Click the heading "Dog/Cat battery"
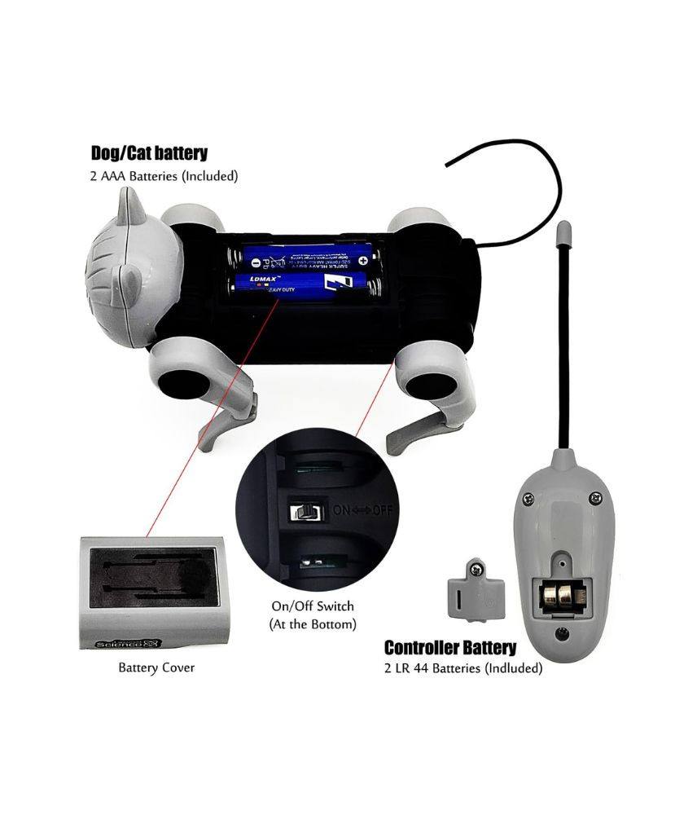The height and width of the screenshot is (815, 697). pyautogui.click(x=149, y=152)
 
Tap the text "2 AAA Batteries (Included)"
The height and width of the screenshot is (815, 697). pyautogui.click(x=164, y=174)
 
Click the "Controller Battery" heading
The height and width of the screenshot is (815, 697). pyautogui.click(x=449, y=648)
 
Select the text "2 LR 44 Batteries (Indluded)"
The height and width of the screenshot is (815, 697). pyautogui.click(x=463, y=668)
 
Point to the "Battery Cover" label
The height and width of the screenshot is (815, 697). pyautogui.click(x=156, y=667)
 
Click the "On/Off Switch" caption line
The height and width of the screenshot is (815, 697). pyautogui.click(x=313, y=606)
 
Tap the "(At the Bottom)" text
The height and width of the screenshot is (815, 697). pyautogui.click(x=313, y=624)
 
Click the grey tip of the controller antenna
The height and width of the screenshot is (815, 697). pyautogui.click(x=561, y=237)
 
